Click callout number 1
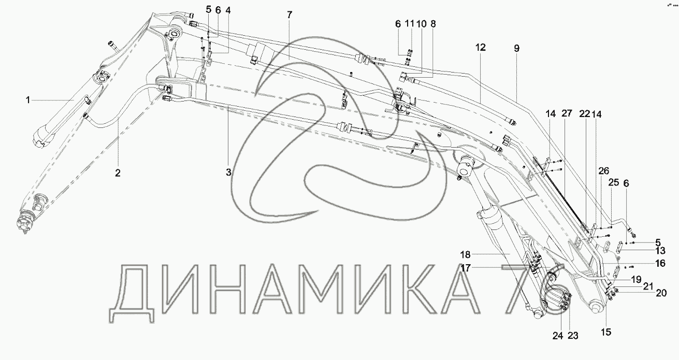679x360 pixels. [28, 100]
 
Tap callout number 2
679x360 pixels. [118, 173]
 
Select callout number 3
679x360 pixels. [228, 172]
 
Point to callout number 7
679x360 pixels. [290, 15]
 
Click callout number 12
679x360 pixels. [481, 47]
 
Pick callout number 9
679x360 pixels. [516, 48]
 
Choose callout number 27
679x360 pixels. [567, 113]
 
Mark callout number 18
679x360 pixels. [465, 255]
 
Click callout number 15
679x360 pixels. [606, 332]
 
